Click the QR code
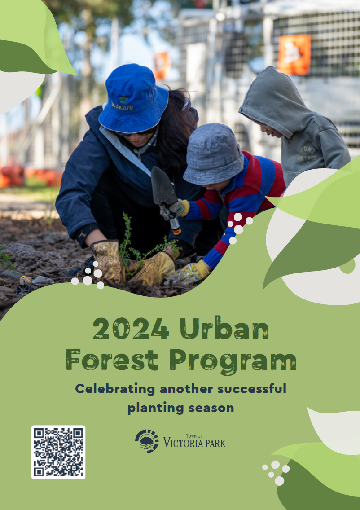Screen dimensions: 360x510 (58, 452)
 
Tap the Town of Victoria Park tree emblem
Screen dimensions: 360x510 (147, 441)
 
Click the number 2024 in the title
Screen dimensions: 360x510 (131, 328)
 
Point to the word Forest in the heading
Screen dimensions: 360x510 (112, 360)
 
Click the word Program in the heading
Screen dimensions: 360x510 (233, 362)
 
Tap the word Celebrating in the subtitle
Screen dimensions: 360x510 (115, 389)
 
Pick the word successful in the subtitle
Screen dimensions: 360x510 (252, 389)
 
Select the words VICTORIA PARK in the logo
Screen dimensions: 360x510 (194, 443)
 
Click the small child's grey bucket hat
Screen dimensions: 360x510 (213, 154)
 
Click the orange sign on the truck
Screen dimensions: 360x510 (294, 54)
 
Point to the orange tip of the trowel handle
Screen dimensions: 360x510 (177, 231)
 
